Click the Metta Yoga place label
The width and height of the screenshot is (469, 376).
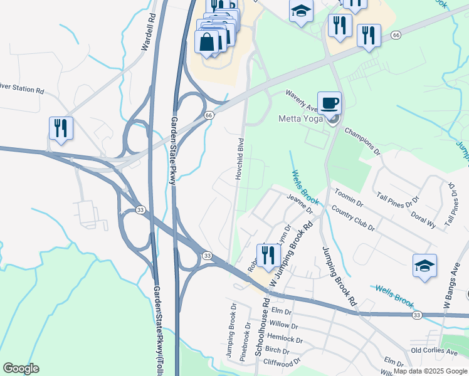(x=300, y=118)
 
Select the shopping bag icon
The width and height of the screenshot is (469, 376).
(x=207, y=43)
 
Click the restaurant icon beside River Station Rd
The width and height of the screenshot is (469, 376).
(x=61, y=128)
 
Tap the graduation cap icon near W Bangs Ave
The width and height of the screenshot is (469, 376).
(x=424, y=266)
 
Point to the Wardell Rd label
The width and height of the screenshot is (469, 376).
(x=147, y=38)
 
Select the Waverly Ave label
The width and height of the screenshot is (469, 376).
(x=302, y=101)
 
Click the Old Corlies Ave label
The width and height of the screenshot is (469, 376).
(x=434, y=352)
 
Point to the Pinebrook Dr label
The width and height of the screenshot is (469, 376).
(x=245, y=358)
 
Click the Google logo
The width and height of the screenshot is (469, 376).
(x=21, y=368)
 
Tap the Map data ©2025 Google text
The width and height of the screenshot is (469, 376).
(x=430, y=371)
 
